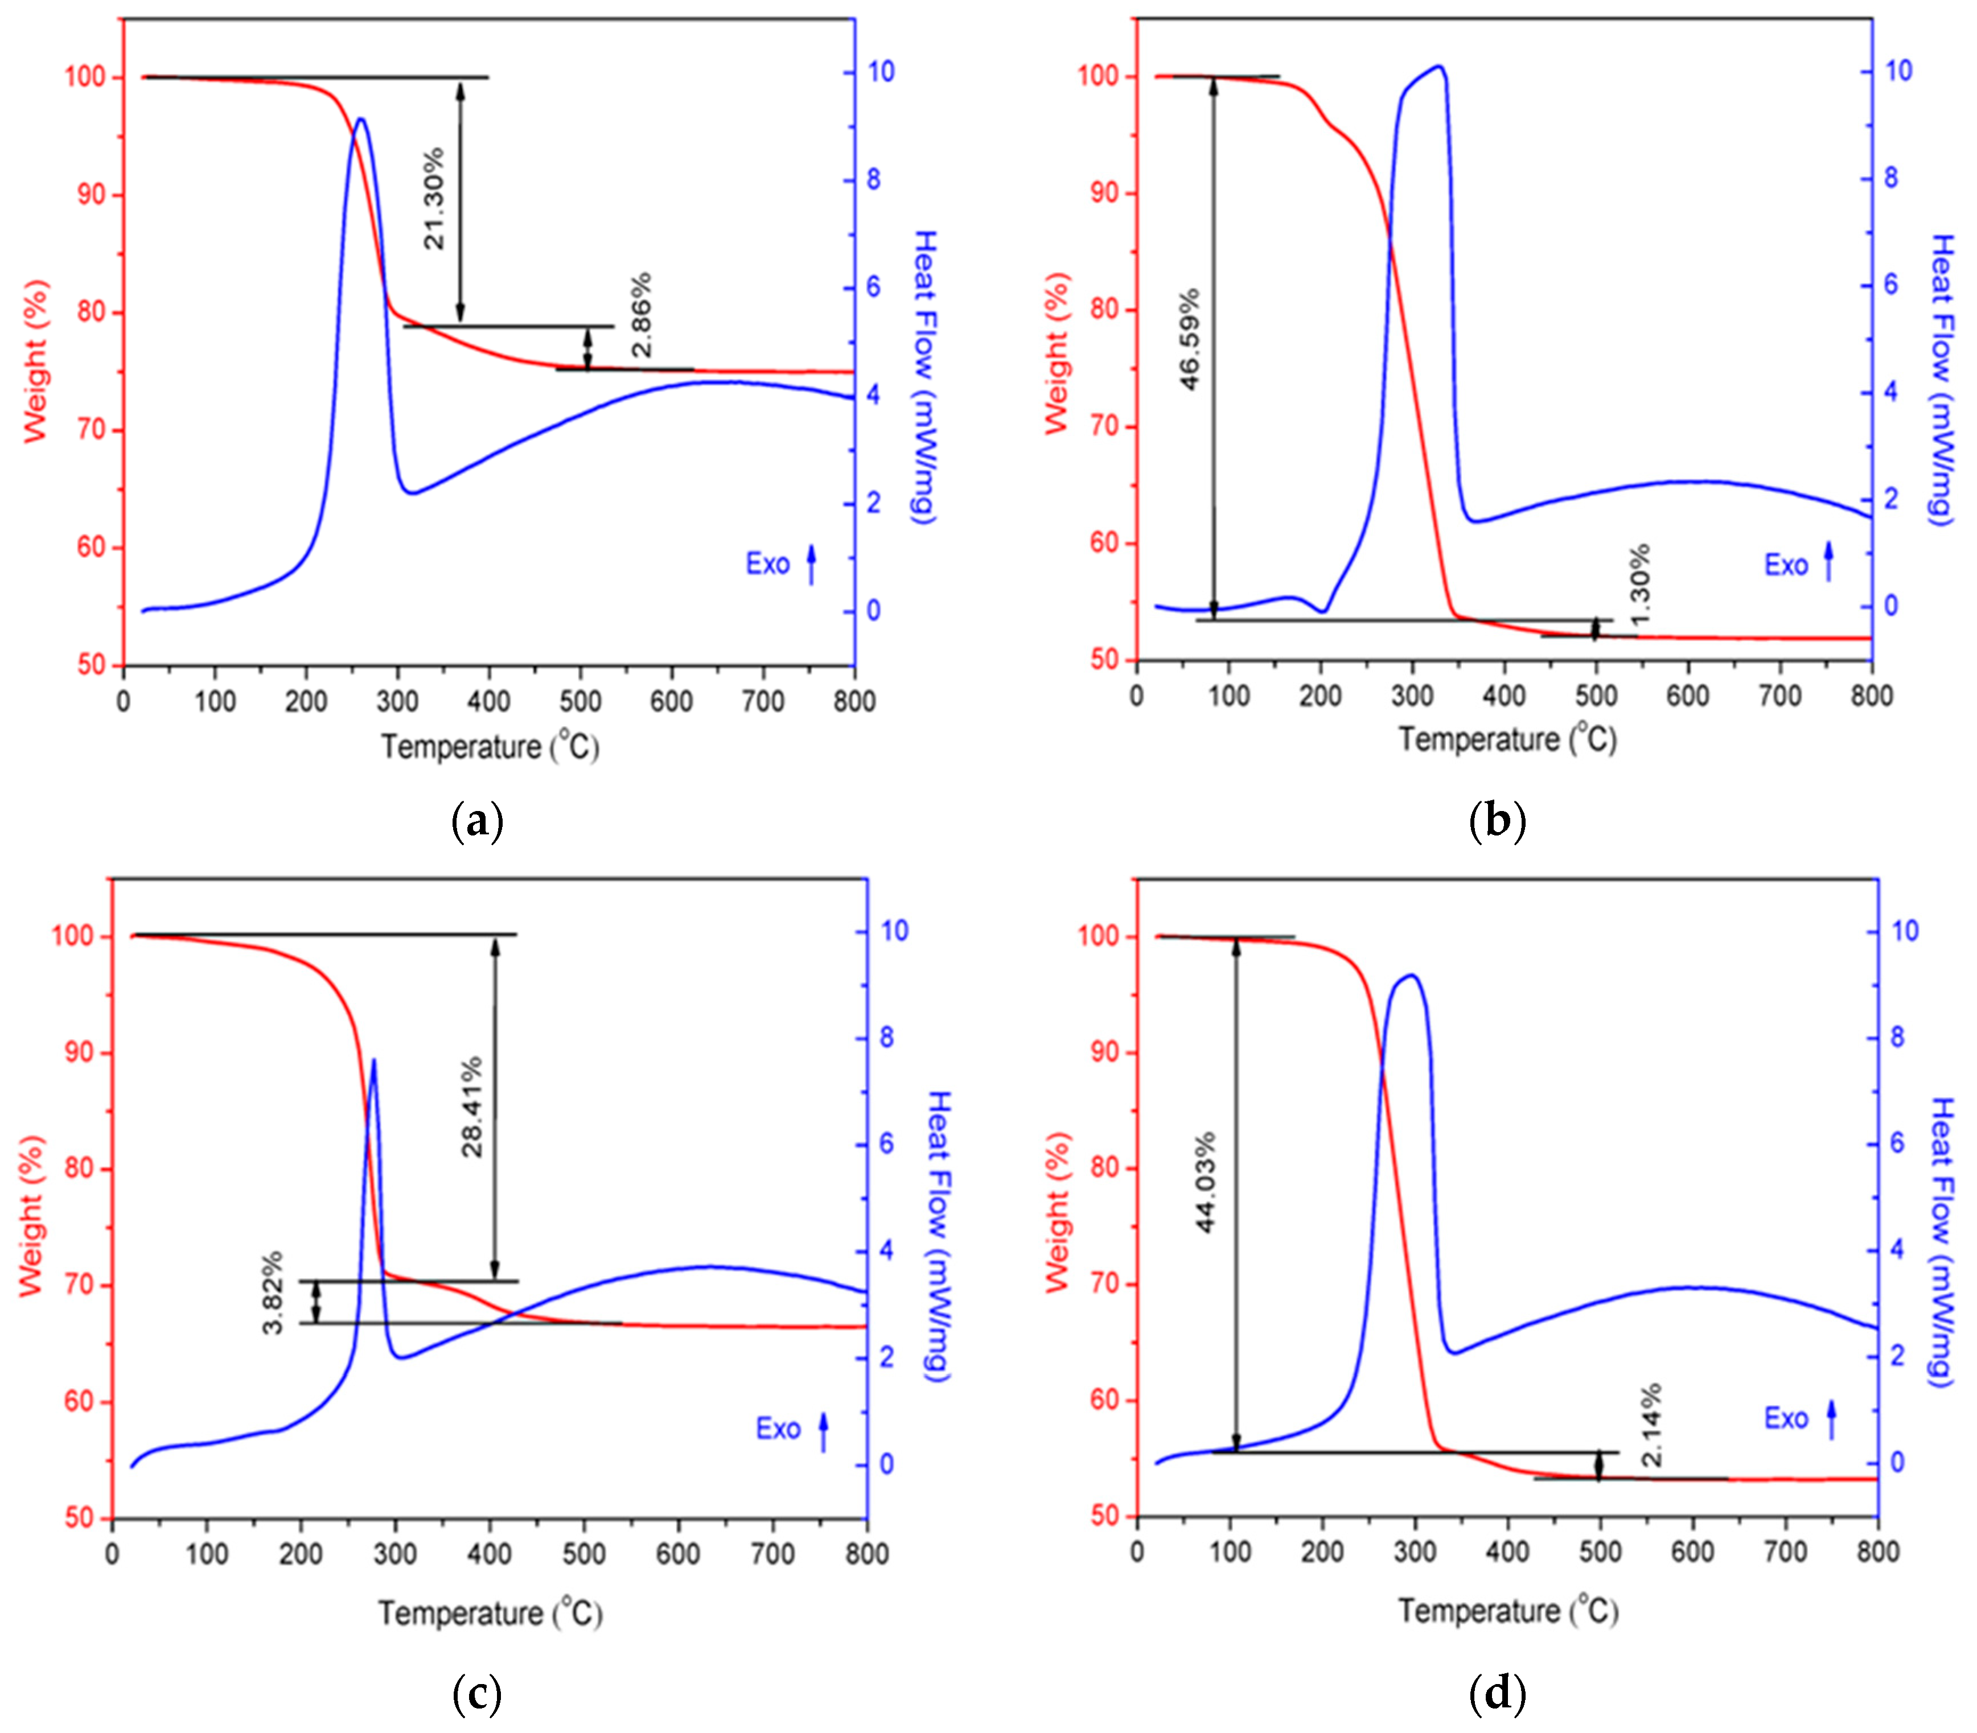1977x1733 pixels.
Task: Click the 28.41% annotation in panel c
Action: point(472,1108)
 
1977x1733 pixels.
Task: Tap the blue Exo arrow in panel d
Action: point(1831,1419)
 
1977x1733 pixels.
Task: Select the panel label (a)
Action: point(478,822)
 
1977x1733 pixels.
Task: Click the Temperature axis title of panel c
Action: point(490,1613)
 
